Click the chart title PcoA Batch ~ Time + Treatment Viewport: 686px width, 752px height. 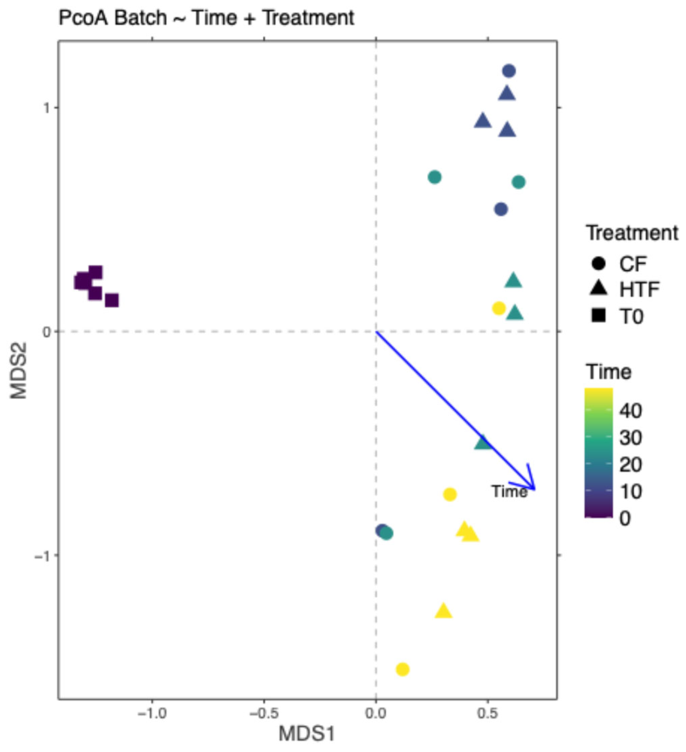pos(206,18)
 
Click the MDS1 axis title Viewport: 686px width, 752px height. pos(307,733)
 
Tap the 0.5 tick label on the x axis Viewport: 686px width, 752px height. pos(487,713)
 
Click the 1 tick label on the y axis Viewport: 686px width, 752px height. pos(46,108)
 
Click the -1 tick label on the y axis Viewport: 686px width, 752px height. pos(42,556)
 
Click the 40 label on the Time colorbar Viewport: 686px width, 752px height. pos(630,411)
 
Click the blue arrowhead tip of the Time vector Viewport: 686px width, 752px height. pos(535,489)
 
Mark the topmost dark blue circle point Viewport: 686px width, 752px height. pos(509,70)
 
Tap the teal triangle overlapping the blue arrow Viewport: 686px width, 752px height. pos(483,442)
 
